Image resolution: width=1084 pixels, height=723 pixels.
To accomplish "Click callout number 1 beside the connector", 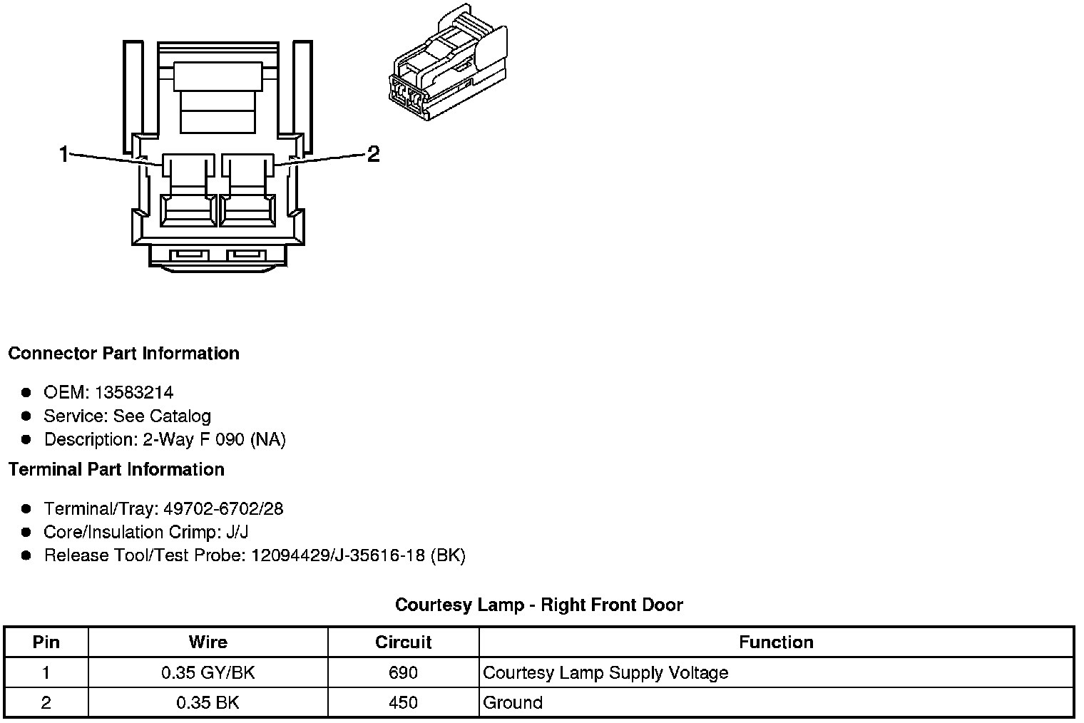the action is tap(64, 153).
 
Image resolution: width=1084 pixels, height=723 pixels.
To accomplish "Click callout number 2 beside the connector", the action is tap(373, 153).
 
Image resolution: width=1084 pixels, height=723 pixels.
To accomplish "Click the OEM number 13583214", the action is tap(133, 392).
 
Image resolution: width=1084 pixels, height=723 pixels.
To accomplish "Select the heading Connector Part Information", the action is tap(123, 354).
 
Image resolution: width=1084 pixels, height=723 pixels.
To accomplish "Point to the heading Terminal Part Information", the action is tap(116, 469).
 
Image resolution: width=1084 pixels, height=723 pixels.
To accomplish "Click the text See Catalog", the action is tap(162, 416).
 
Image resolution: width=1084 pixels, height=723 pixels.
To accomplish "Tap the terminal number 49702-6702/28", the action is tap(223, 508).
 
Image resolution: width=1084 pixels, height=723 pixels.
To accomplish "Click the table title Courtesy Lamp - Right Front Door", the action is tap(539, 605).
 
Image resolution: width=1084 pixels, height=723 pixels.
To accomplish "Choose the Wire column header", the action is tap(208, 642).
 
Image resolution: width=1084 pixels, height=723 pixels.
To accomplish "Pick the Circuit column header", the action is tap(404, 642).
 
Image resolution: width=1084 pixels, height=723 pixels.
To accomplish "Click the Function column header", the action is tap(776, 642).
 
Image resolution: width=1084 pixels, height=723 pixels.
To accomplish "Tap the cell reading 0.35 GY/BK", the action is tap(208, 672).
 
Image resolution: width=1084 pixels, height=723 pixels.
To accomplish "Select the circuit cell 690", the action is tap(404, 672).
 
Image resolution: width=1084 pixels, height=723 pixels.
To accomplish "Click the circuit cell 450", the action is tap(404, 702).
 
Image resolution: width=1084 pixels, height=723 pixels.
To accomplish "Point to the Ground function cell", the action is tap(513, 702).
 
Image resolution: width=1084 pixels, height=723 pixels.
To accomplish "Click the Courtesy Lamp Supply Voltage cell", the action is tap(605, 672).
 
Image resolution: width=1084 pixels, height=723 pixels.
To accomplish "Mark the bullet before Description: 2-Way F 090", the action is tap(26, 439).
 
